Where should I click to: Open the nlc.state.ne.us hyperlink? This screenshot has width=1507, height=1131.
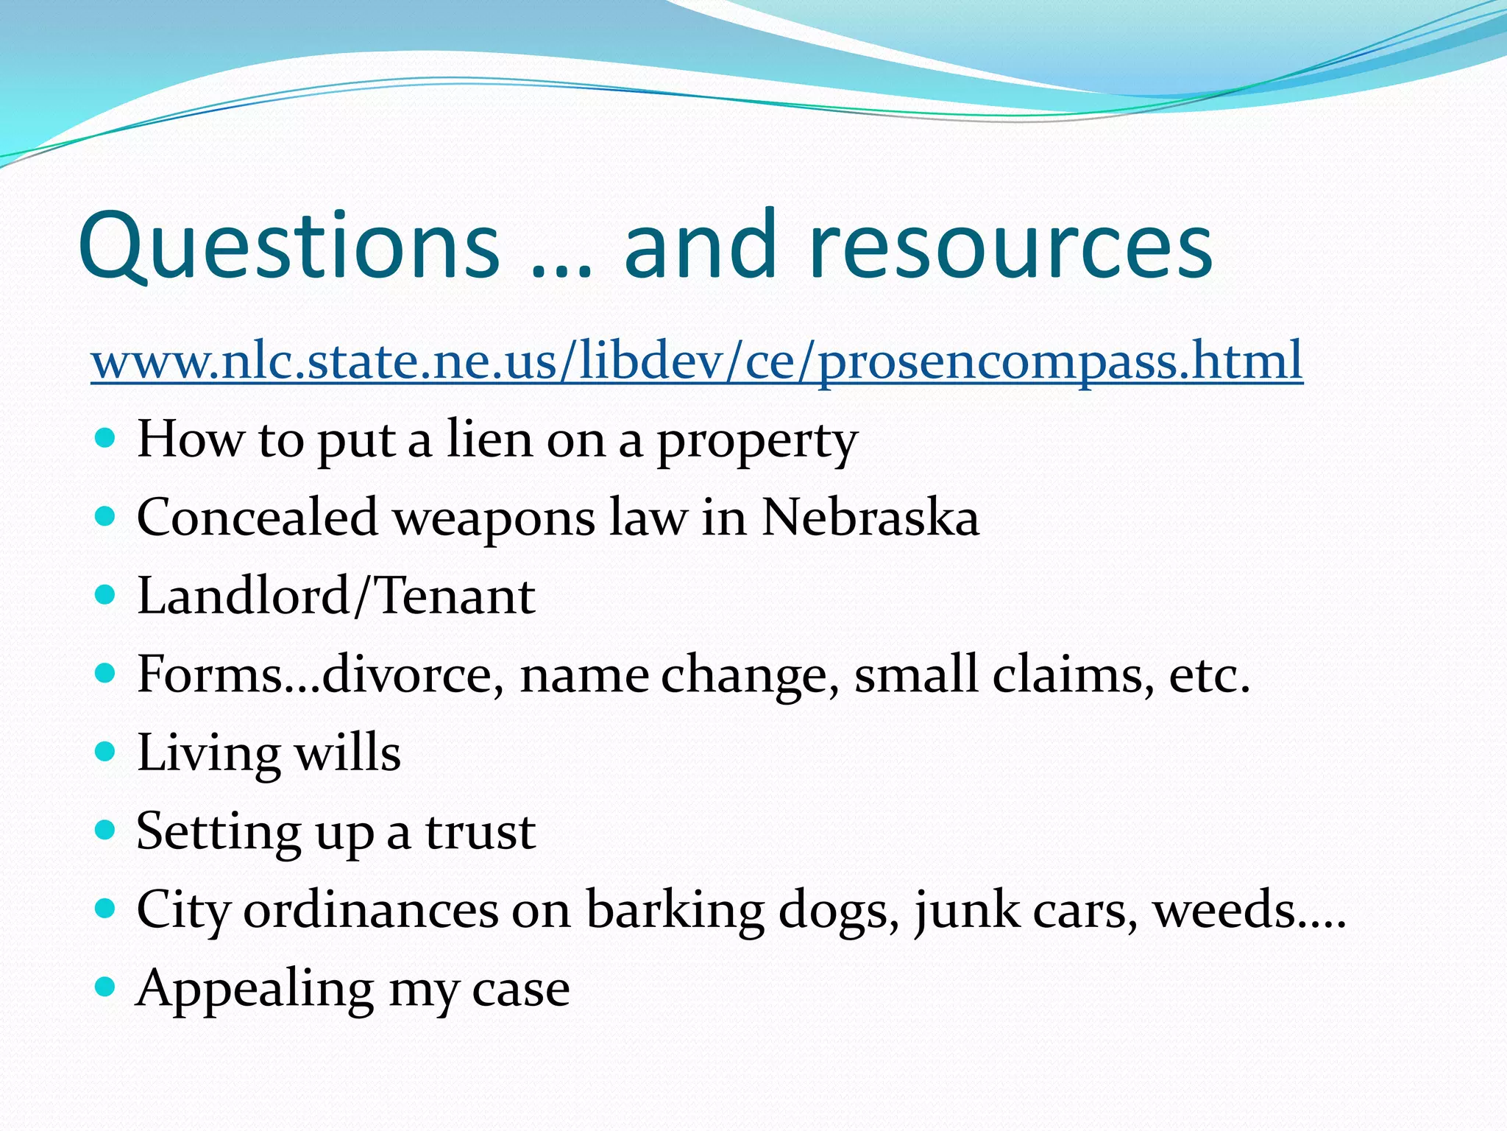tap(696, 360)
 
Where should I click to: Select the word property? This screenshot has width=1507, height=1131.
tap(757, 442)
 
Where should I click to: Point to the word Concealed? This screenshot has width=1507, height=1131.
tap(257, 517)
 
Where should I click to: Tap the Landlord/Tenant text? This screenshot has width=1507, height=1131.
tap(336, 596)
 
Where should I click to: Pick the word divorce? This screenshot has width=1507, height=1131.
tap(412, 674)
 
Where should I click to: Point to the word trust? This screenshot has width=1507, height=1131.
tap(481, 832)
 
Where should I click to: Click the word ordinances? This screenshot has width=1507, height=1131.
tap(371, 910)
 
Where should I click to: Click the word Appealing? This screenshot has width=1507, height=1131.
tap(255, 990)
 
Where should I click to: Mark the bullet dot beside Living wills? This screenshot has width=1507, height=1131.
tap(106, 751)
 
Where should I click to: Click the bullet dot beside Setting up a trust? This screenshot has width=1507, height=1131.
tap(106, 830)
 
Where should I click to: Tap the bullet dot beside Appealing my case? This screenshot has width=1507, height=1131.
tap(106, 987)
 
